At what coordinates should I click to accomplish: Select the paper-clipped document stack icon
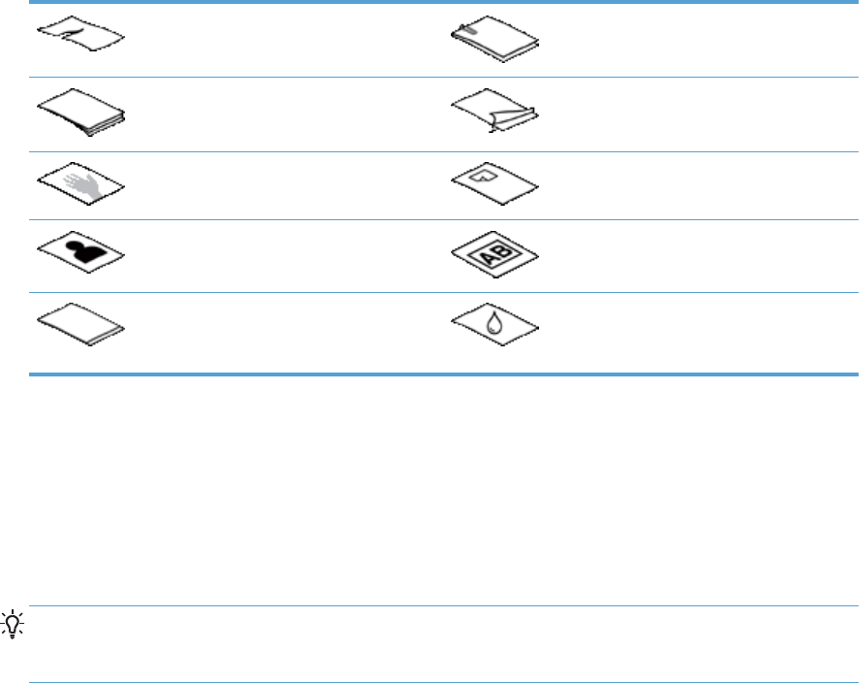pyautogui.click(x=495, y=41)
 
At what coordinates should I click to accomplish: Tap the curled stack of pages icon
pyautogui.click(x=85, y=113)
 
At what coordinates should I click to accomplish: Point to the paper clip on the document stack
pyautogui.click(x=469, y=33)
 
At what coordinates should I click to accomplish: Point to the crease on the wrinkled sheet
pyautogui.click(x=76, y=39)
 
